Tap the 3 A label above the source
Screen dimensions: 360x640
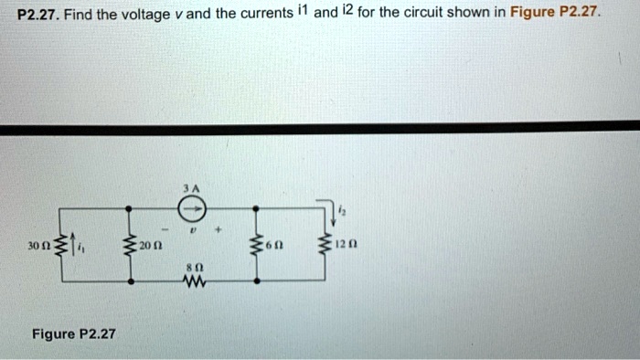[x=190, y=186]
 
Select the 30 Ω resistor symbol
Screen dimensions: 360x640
[x=61, y=246]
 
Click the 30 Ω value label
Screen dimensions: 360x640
[x=39, y=247]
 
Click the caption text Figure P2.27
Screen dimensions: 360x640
[x=74, y=334]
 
